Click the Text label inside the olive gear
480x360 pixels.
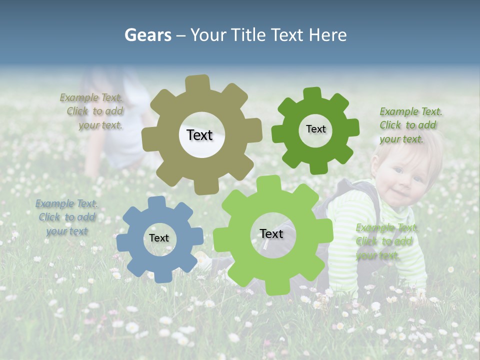click(x=199, y=135)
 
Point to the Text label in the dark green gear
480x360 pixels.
click(x=315, y=129)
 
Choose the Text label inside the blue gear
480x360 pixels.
click(x=159, y=238)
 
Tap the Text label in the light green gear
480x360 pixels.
click(x=271, y=233)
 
